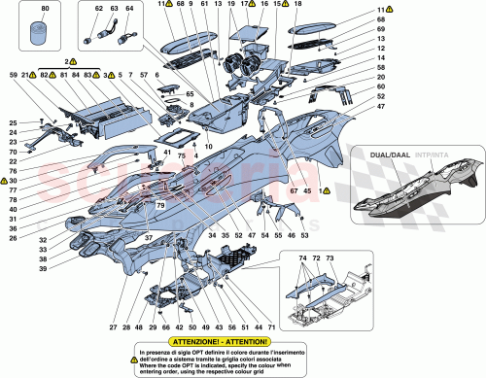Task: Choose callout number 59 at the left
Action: click(13, 75)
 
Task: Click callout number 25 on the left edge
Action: click(13, 121)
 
